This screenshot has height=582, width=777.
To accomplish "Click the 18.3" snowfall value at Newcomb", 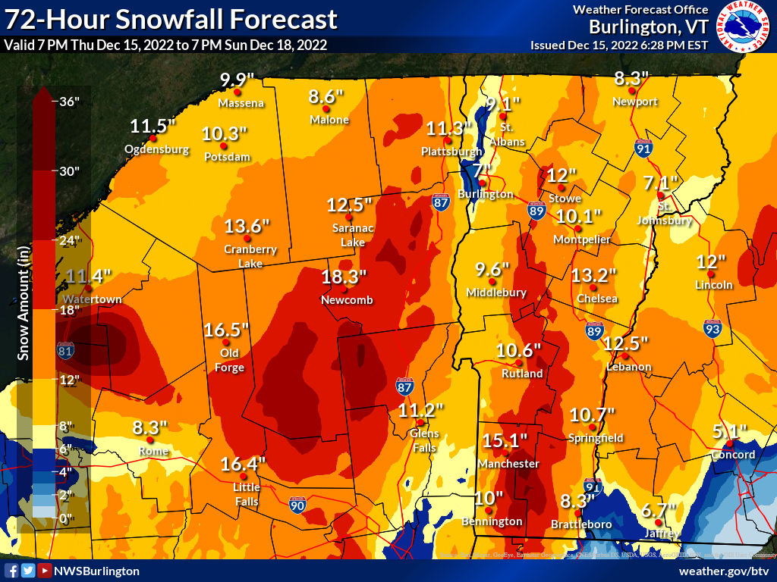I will [344, 277].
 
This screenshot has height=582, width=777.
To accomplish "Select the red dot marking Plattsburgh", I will [448, 140].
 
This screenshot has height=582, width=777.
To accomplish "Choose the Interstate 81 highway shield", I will [66, 350].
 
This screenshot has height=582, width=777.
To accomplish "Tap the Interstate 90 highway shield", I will [297, 503].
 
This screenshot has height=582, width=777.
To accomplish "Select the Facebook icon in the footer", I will [11, 571].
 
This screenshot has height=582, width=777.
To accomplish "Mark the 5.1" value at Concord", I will [730, 432].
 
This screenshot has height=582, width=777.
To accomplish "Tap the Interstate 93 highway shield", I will [711, 330].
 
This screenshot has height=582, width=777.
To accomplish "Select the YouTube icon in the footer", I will [45, 571].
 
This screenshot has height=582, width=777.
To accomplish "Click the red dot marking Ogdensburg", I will [153, 138].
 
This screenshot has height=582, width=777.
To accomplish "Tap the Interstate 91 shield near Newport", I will [643, 149].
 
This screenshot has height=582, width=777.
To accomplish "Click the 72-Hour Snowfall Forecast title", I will [171, 20].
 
